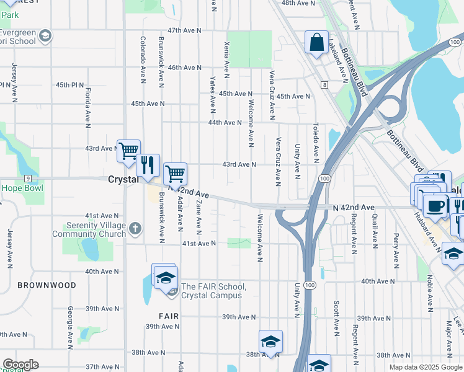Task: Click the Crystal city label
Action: tap(122, 179)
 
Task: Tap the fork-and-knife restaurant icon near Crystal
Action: tap(148, 165)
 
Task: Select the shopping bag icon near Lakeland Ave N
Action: tap(316, 43)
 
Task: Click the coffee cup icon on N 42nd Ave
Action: tap(435, 206)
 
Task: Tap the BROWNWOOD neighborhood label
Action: tap(47, 285)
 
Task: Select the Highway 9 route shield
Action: tap(29, 178)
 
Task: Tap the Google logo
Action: tap(20, 365)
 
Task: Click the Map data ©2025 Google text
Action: tap(426, 367)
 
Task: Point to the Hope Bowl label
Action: tap(22, 188)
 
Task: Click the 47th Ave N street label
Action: tap(184, 30)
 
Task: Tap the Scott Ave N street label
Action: tap(336, 316)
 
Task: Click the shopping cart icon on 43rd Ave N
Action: tap(128, 150)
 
